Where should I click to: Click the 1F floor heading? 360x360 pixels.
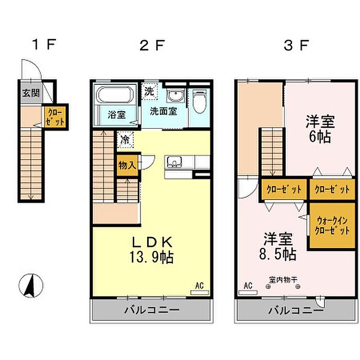(44, 44)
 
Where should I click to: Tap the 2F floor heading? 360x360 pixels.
(152, 45)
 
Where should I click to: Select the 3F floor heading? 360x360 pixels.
(296, 45)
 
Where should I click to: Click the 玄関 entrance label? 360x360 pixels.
(31, 93)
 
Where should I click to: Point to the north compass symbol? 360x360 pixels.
(31, 285)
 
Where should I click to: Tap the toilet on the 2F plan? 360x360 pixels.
(200, 101)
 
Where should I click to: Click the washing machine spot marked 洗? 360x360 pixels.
(150, 92)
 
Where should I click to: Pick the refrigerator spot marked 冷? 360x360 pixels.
(125, 139)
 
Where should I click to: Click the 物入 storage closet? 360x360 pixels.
(127, 165)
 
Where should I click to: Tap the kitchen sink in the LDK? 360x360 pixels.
(174, 161)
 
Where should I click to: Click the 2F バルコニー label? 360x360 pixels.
(152, 310)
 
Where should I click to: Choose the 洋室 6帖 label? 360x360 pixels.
(320, 129)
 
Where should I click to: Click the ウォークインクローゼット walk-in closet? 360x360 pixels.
(332, 225)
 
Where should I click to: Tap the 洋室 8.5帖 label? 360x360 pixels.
(278, 246)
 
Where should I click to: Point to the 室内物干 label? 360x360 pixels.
(283, 280)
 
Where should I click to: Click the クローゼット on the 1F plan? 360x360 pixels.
(55, 117)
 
